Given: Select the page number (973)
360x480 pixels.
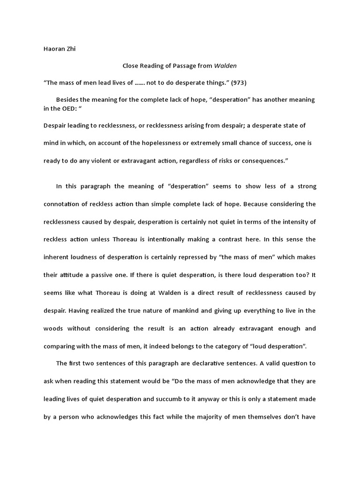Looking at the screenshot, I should pos(238,82).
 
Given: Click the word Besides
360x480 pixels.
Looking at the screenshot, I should pos(68,100).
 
